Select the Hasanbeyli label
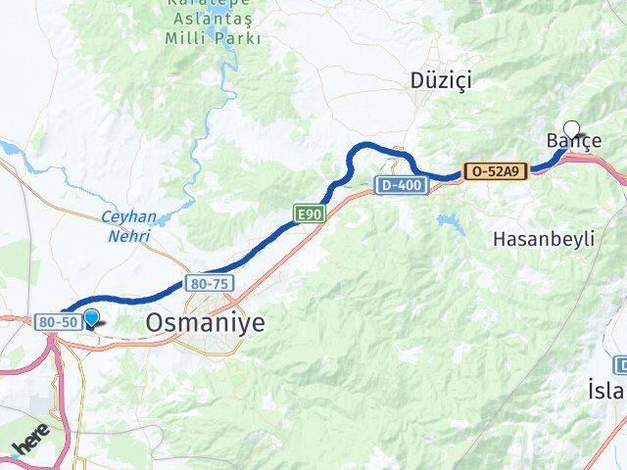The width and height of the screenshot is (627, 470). pos(544,239)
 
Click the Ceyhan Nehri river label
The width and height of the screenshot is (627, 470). pos(125,226)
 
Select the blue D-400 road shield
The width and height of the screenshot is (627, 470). pos(398,183)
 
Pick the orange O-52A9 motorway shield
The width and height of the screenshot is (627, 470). pos(496,170)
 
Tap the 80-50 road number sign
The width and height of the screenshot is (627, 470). pos(55,320)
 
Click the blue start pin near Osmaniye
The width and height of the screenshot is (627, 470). pos(91,317)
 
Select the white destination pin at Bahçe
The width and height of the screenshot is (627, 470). pos(571,127)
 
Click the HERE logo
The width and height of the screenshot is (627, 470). pos(29,448)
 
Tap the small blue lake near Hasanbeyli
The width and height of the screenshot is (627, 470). pos(453,224)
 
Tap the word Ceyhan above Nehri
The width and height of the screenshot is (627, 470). pos(125,217)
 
